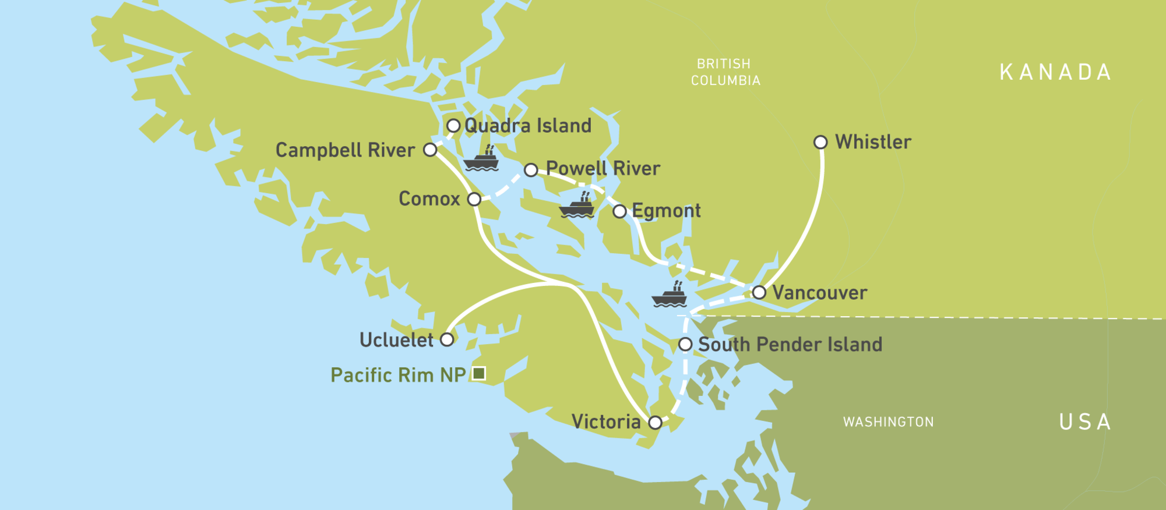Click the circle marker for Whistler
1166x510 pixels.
820,142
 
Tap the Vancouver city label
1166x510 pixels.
819,292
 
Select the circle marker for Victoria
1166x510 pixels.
655,422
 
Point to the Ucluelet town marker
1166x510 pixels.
447,339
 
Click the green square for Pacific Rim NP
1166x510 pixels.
479,373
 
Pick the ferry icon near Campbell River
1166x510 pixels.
481,160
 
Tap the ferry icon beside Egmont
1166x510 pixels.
577,206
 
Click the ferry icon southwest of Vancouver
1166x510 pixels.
670,295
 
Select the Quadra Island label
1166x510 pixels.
527,126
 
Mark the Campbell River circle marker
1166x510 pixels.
430,150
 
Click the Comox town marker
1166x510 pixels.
474,199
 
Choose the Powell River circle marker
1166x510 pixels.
531,170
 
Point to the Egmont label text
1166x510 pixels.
666,211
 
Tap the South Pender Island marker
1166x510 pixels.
685,344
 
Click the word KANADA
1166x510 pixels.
1055,73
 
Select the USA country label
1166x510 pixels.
1085,422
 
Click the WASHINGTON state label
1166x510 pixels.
888,422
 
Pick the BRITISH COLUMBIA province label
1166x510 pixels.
725,72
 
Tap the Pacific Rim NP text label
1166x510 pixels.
398,375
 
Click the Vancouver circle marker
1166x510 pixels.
759,292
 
